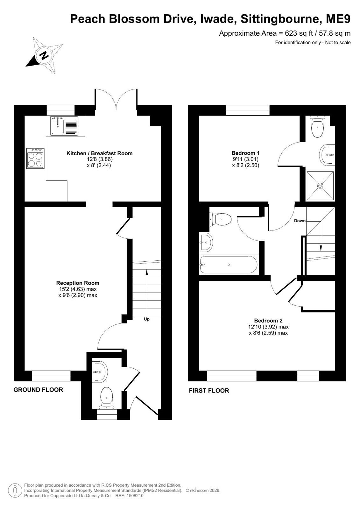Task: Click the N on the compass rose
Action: [44, 55]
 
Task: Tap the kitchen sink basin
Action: [58, 126]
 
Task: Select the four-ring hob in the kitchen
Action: [35, 158]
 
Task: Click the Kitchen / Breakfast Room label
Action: [99, 153]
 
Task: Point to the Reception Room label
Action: [78, 283]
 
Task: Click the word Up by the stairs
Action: [147, 319]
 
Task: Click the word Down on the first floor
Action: [300, 221]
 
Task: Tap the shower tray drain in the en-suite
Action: [320, 186]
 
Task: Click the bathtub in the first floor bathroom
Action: [229, 265]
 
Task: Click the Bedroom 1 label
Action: [245, 153]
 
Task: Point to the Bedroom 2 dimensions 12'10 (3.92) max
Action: [268, 327]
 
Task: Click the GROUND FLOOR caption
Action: [38, 390]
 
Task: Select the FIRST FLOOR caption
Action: [209, 391]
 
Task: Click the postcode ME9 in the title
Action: [338, 19]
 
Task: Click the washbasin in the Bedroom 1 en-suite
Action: [328, 155]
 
